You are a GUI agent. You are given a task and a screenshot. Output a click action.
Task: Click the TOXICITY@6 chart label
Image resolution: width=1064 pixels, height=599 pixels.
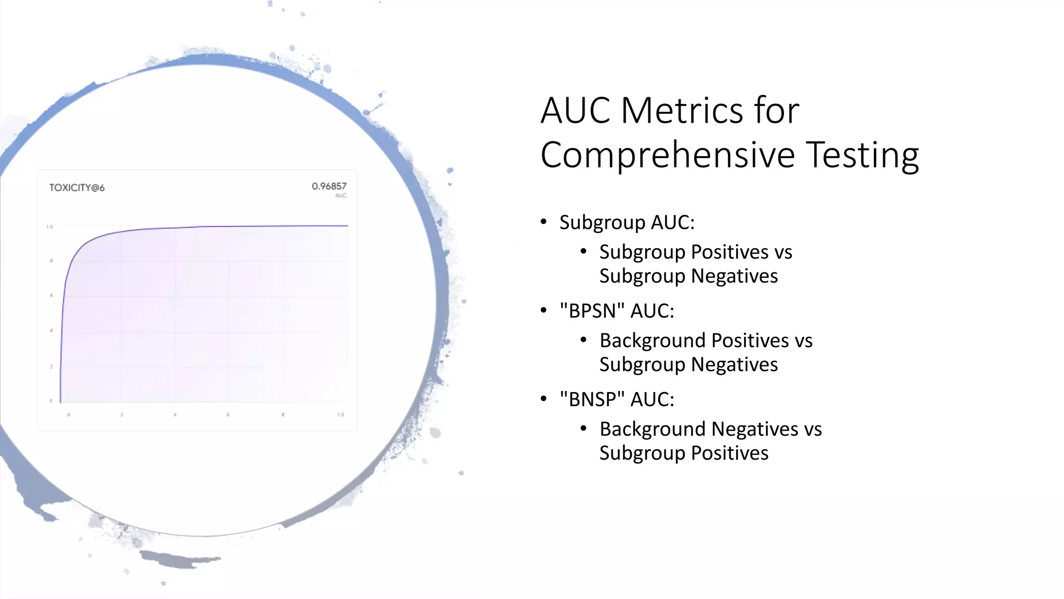tap(77, 188)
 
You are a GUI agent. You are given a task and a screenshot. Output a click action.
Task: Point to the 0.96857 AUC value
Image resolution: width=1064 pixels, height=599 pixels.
tap(329, 186)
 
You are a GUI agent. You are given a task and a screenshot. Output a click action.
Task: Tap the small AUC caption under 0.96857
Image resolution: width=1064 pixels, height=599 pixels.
tap(341, 196)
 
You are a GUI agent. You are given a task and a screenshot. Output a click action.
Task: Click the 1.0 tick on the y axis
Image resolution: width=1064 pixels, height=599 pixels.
tap(49, 227)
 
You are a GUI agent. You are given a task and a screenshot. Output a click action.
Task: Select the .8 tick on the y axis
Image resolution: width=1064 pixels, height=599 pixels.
tap(51, 261)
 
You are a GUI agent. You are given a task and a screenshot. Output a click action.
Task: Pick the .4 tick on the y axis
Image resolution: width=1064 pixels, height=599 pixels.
tap(51, 331)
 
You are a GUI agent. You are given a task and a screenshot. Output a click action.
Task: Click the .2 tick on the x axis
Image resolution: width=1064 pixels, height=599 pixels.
tap(122, 415)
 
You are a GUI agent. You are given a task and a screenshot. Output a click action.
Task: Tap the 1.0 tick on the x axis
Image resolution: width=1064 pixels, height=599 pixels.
tap(340, 415)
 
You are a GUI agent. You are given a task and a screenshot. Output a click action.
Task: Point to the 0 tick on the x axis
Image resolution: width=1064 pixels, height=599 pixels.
tap(69, 415)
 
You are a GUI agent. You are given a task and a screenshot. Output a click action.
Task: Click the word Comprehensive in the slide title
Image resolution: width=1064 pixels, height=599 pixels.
tap(668, 155)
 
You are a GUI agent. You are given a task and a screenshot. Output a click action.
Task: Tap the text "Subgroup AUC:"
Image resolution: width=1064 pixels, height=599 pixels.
tap(627, 222)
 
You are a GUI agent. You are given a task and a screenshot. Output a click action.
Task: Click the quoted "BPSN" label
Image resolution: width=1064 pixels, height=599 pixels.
tap(592, 310)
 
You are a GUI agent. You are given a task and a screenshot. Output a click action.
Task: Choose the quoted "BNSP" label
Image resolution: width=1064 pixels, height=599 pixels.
tap(592, 399)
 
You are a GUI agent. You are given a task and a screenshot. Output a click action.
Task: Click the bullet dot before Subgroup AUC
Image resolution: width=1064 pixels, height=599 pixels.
tap(544, 222)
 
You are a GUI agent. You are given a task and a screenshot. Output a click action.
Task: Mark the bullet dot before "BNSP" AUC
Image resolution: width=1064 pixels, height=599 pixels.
tap(544, 399)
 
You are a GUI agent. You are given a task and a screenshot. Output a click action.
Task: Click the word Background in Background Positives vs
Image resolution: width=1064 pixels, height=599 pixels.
tap(653, 341)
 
